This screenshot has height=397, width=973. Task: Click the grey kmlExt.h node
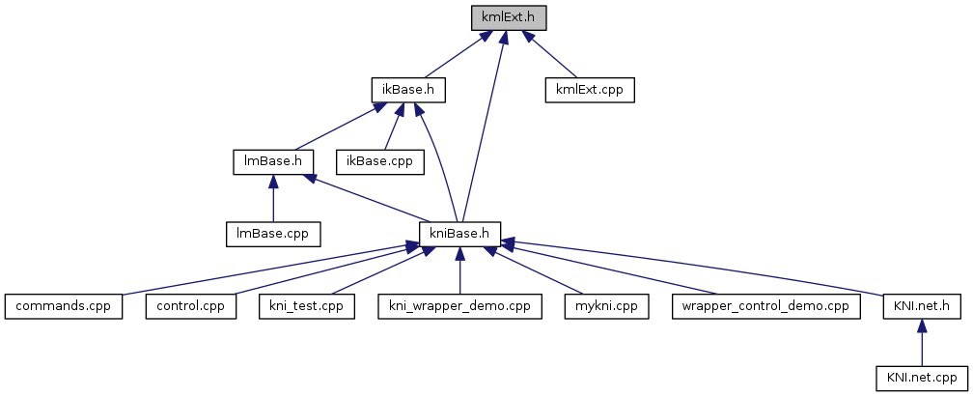click(509, 17)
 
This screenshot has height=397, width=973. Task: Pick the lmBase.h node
click(273, 161)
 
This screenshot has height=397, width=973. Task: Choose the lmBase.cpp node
click(272, 234)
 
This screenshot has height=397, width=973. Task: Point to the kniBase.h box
click(461, 234)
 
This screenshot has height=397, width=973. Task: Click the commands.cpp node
click(64, 306)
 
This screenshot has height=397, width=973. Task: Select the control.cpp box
click(191, 306)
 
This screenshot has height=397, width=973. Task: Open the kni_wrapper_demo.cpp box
click(459, 306)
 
